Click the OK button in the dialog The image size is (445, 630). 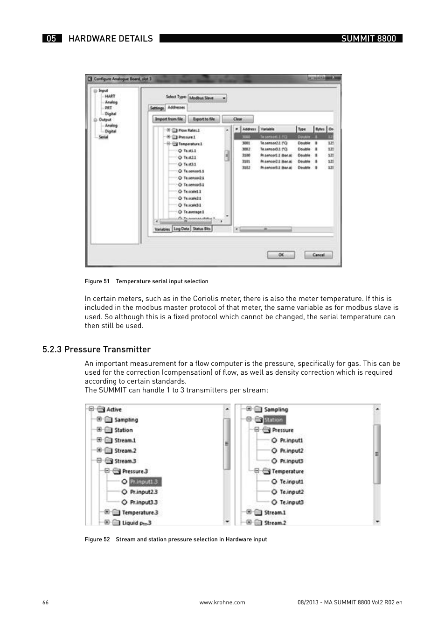pos(281,255)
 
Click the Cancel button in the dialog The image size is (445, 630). pos(318,255)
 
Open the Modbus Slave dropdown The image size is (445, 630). pos(208,98)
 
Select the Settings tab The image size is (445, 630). pos(157,108)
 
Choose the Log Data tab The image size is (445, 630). pos(181,229)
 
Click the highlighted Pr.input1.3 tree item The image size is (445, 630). pos(144,482)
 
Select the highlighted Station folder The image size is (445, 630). pos(274,420)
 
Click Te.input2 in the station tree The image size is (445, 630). pos(292,492)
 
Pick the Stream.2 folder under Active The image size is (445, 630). pos(125,451)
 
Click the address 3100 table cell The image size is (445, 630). pos(246,155)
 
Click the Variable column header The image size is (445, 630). pos(268,129)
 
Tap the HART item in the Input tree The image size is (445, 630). pos(110,96)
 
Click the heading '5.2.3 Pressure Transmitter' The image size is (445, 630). pos(96,350)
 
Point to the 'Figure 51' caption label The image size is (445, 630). pos(97,281)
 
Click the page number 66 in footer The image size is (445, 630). pos(45,602)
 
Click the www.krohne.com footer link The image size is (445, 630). pos(222,602)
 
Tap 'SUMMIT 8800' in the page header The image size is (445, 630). pos(368,39)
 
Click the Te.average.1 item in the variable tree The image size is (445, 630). pos(194,212)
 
